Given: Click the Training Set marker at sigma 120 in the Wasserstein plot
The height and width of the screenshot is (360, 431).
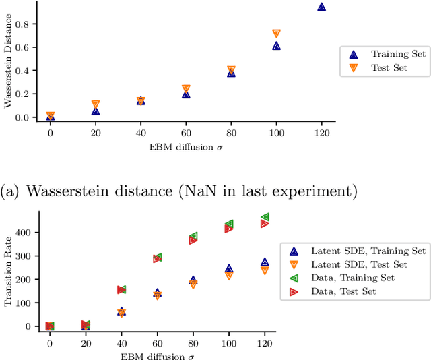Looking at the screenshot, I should pyautogui.click(x=321, y=7).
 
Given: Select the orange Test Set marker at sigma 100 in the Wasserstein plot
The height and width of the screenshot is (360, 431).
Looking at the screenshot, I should pyautogui.click(x=276, y=34).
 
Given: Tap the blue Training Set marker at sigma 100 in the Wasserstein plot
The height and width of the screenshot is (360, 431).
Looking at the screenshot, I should pyautogui.click(x=276, y=46).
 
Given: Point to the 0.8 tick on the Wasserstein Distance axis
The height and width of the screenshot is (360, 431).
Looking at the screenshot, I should pyautogui.click(x=25, y=24).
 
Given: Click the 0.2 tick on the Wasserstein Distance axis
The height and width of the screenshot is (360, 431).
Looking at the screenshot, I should pyautogui.click(x=25, y=94).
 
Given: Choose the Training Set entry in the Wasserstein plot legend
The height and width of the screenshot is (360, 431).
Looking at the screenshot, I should pyautogui.click(x=379, y=54).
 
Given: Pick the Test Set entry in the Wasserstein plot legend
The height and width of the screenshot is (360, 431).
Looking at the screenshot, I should pyautogui.click(x=379, y=67).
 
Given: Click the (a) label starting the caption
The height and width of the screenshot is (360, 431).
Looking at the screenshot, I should pyautogui.click(x=11, y=191).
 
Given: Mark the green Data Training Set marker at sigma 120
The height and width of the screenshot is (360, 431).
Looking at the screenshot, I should pyautogui.click(x=265, y=217).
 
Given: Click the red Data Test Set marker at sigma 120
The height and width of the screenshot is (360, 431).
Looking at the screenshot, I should pyautogui.click(x=265, y=223).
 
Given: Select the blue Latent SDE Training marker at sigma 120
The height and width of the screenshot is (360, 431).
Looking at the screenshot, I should pyautogui.click(x=265, y=262).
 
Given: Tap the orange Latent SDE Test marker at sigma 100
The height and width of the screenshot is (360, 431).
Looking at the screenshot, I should pyautogui.click(x=229, y=275).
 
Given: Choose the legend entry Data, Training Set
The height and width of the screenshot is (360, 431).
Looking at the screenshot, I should pyautogui.click(x=352, y=278).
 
